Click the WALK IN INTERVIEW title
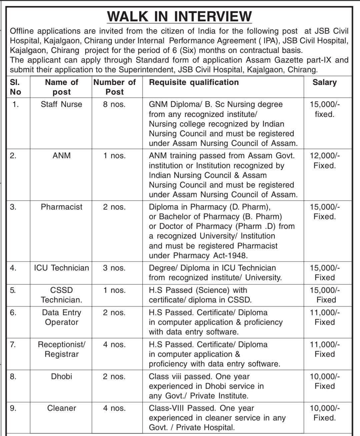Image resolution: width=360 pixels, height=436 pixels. pyautogui.click(x=179, y=16)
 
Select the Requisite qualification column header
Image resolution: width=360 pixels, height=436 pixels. pyautogui.click(x=194, y=82)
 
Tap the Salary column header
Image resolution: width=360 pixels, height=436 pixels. pyautogui.click(x=324, y=82)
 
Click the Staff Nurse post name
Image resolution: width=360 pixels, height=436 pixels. pyautogui.click(x=61, y=104)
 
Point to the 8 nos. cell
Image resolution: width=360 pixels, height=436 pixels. pyautogui.click(x=114, y=104)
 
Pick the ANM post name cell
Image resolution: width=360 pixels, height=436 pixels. pyautogui.click(x=62, y=156)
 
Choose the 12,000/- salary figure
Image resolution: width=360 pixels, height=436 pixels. pyautogui.click(x=325, y=156)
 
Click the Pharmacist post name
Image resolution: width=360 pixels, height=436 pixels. pyautogui.click(x=62, y=207)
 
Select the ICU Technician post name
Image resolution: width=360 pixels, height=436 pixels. pyautogui.click(x=62, y=268)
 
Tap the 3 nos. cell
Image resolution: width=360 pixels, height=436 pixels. pyautogui.click(x=114, y=268)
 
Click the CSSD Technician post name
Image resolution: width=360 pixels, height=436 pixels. pyautogui.click(x=62, y=295)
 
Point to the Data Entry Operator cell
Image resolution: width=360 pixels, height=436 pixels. pyautogui.click(x=62, y=317)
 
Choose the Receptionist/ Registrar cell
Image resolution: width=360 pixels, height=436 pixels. pyautogui.click(x=62, y=349)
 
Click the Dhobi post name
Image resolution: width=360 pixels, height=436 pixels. pyautogui.click(x=62, y=376)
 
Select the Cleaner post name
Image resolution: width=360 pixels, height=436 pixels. pyautogui.click(x=62, y=408)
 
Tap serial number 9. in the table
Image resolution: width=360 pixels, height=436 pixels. pyautogui.click(x=13, y=408)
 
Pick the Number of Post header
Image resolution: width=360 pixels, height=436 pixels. pyautogui.click(x=114, y=87)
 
